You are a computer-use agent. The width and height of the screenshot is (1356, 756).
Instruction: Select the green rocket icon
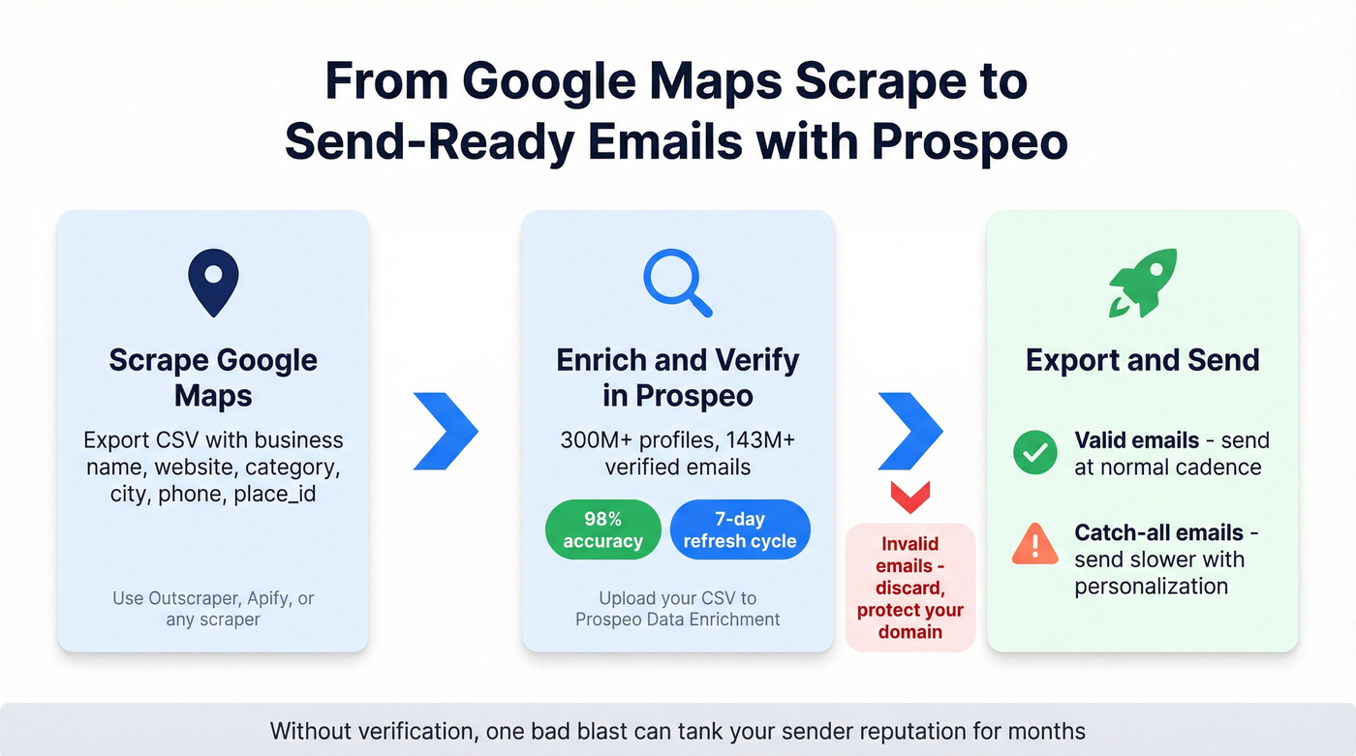pos(1143,283)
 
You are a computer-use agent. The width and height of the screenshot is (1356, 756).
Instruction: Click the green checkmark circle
pos(1034,452)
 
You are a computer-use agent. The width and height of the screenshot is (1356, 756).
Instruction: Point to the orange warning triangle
pos(1034,545)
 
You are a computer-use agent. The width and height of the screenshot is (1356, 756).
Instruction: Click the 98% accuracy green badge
pos(602,529)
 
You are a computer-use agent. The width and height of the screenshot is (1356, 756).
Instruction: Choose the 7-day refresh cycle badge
pos(740,529)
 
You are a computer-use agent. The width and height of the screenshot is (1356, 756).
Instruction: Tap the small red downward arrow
pos(909,497)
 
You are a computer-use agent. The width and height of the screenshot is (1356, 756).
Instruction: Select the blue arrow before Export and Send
pos(909,431)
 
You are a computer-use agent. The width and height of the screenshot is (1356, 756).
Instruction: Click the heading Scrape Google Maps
pos(213,378)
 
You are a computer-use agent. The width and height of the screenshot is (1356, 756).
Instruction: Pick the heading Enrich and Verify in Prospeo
pos(678,378)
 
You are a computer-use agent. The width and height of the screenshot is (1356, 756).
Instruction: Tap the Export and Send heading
pos(1143,360)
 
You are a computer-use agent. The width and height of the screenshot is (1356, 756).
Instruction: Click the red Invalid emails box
pos(909,587)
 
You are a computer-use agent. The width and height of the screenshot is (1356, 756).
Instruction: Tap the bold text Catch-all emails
pos(1145,532)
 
